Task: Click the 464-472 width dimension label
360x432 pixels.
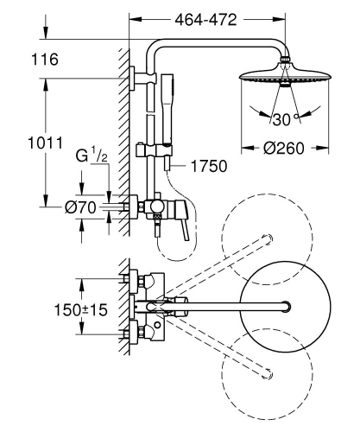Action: [x=207, y=18]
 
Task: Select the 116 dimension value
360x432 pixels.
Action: [x=60, y=62]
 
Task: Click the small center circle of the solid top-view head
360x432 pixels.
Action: [x=284, y=304]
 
